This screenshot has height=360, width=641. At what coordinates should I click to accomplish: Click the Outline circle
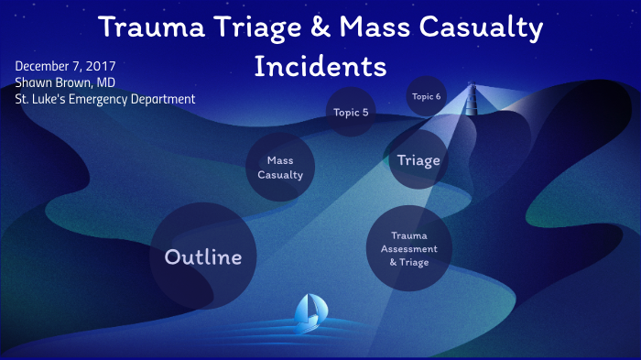pyautogui.click(x=202, y=256)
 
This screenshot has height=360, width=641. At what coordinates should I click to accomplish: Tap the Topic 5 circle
pyautogui.click(x=352, y=113)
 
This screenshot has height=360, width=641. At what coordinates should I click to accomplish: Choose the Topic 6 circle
pyautogui.click(x=426, y=96)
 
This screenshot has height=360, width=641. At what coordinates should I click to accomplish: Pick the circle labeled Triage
pyautogui.click(x=418, y=160)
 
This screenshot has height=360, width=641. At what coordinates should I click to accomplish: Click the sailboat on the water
pyautogui.click(x=310, y=313)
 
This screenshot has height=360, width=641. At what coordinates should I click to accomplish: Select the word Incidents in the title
pyautogui.click(x=320, y=67)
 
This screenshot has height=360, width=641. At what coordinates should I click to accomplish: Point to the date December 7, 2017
pyautogui.click(x=65, y=66)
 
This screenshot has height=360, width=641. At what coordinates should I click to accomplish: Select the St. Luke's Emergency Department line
pyautogui.click(x=104, y=99)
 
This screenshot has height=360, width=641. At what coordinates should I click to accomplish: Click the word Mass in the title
pyautogui.click(x=382, y=27)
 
